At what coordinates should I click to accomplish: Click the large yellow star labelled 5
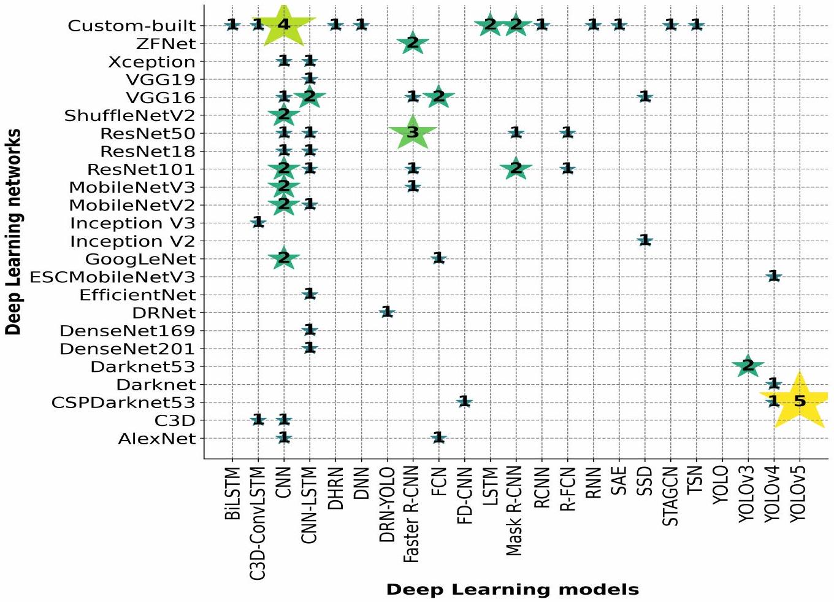pyautogui.click(x=799, y=401)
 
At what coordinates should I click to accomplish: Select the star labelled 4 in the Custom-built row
pyautogui.click(x=283, y=25)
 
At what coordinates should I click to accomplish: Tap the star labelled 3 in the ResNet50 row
pyautogui.click(x=413, y=133)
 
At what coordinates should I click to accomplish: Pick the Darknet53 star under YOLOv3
pyautogui.click(x=748, y=366)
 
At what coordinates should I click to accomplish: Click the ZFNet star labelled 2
pyautogui.click(x=413, y=44)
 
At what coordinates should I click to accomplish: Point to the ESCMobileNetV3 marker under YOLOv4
pyautogui.click(x=774, y=276)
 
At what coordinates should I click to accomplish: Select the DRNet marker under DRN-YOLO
pyautogui.click(x=387, y=312)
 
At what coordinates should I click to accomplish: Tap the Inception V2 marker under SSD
pyautogui.click(x=645, y=241)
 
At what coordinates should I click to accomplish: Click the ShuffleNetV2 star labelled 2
pyautogui.click(x=283, y=115)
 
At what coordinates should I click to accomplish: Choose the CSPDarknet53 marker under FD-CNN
pyautogui.click(x=464, y=402)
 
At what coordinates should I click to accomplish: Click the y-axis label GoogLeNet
pyautogui.click(x=140, y=259)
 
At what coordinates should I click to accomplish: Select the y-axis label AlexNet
pyautogui.click(x=157, y=439)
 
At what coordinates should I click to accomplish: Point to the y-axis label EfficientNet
pyautogui.click(x=137, y=295)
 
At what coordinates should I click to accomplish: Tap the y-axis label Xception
pyautogui.click(x=151, y=62)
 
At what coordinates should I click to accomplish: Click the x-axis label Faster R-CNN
pyautogui.click(x=411, y=514)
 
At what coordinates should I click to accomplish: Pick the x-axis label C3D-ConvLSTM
pyautogui.click(x=258, y=523)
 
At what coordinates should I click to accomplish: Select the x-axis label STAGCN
pyautogui.click(x=670, y=496)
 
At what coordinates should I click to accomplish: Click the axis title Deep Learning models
pyautogui.click(x=512, y=590)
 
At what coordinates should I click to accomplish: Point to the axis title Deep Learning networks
pyautogui.click(x=13, y=231)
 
